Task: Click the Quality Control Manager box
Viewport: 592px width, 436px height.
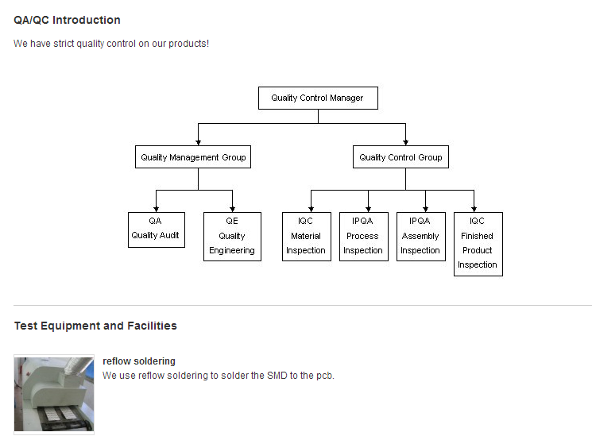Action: [318, 98]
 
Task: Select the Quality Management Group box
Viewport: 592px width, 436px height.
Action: [193, 157]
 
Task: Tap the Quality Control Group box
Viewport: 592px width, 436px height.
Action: [400, 157]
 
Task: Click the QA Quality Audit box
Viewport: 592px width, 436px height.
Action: [156, 229]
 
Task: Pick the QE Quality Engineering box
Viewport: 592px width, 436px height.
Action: [232, 236]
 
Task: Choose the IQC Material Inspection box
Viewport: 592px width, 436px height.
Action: [306, 236]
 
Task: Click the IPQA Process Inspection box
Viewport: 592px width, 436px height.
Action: [363, 236]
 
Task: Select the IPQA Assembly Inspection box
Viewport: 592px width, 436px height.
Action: [420, 236]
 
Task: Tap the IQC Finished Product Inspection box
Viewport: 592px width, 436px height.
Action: [478, 243]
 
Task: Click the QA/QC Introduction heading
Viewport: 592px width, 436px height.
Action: [68, 20]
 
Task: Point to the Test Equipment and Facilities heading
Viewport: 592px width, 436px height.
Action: [95, 326]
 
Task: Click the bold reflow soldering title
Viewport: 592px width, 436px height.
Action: [139, 361]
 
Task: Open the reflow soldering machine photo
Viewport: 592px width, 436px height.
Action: [54, 395]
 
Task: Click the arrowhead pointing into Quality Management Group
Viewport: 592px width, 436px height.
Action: [198, 143]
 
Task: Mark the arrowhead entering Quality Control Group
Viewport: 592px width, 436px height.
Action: [406, 143]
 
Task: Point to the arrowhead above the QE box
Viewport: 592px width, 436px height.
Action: [233, 209]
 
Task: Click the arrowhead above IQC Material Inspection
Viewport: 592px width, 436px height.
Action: [311, 209]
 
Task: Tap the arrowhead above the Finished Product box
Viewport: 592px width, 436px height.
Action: [474, 209]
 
